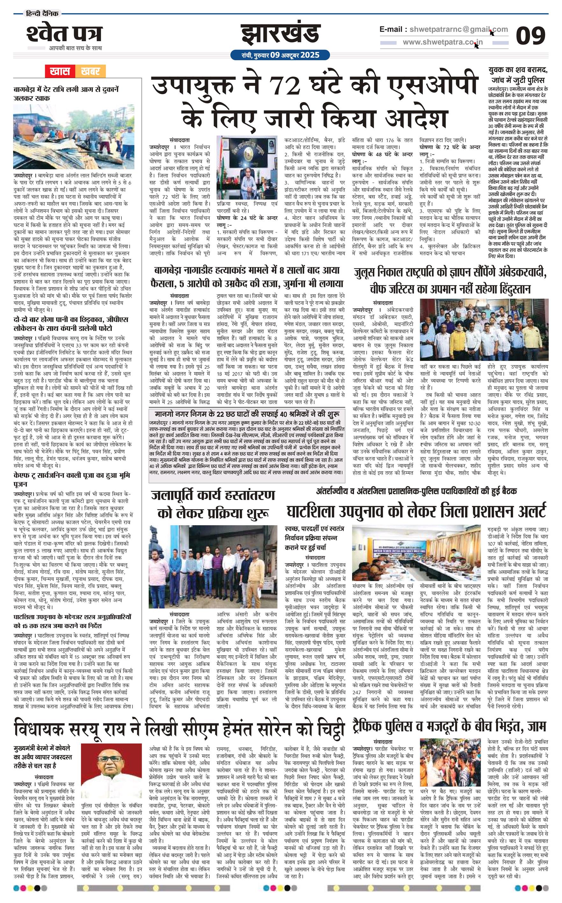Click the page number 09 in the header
pyautogui.click(x=530, y=36)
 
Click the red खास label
pyautogui.click(x=60, y=71)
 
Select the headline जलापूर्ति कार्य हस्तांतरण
pyautogui.click(x=213, y=503)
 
